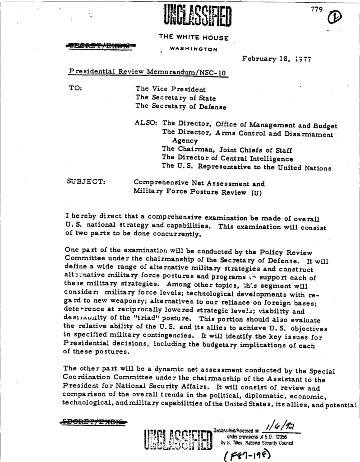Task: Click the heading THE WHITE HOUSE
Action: [x=194, y=37]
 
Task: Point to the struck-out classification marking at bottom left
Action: [x=95, y=422]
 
